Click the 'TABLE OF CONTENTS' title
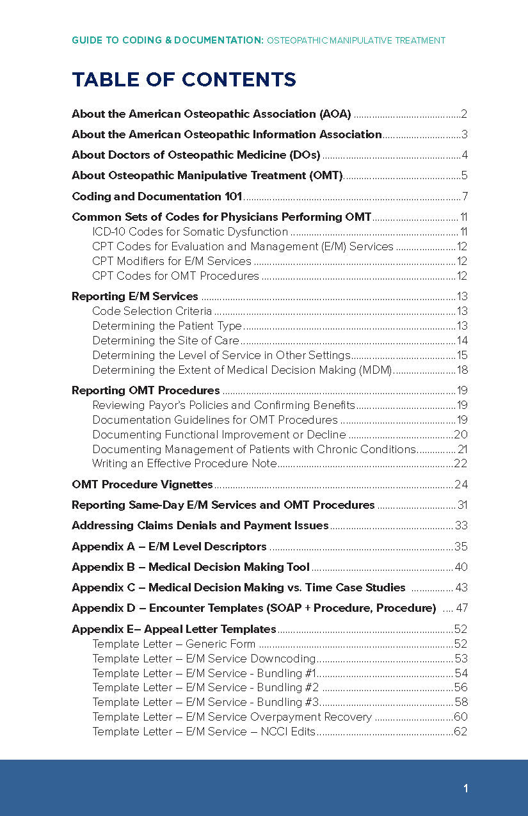tap(184, 79)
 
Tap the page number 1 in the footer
tap(466, 788)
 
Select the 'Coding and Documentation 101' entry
tap(157, 196)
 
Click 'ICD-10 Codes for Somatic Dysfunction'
tap(190, 232)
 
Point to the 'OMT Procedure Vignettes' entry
tap(142, 484)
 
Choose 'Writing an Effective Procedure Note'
tap(184, 463)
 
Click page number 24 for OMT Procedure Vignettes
tap(461, 484)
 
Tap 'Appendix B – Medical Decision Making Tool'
tap(191, 567)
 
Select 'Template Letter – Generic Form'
tap(173, 644)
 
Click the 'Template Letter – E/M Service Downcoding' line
tap(204, 659)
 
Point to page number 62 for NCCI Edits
tap(461, 732)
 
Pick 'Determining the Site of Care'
tap(165, 340)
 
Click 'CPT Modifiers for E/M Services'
tap(172, 261)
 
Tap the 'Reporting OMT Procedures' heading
tap(146, 390)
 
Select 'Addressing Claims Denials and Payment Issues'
tap(200, 525)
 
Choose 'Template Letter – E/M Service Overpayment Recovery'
tap(232, 717)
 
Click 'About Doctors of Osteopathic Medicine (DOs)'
tap(196, 155)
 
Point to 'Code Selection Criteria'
tap(152, 311)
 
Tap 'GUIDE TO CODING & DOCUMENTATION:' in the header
tap(168, 40)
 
